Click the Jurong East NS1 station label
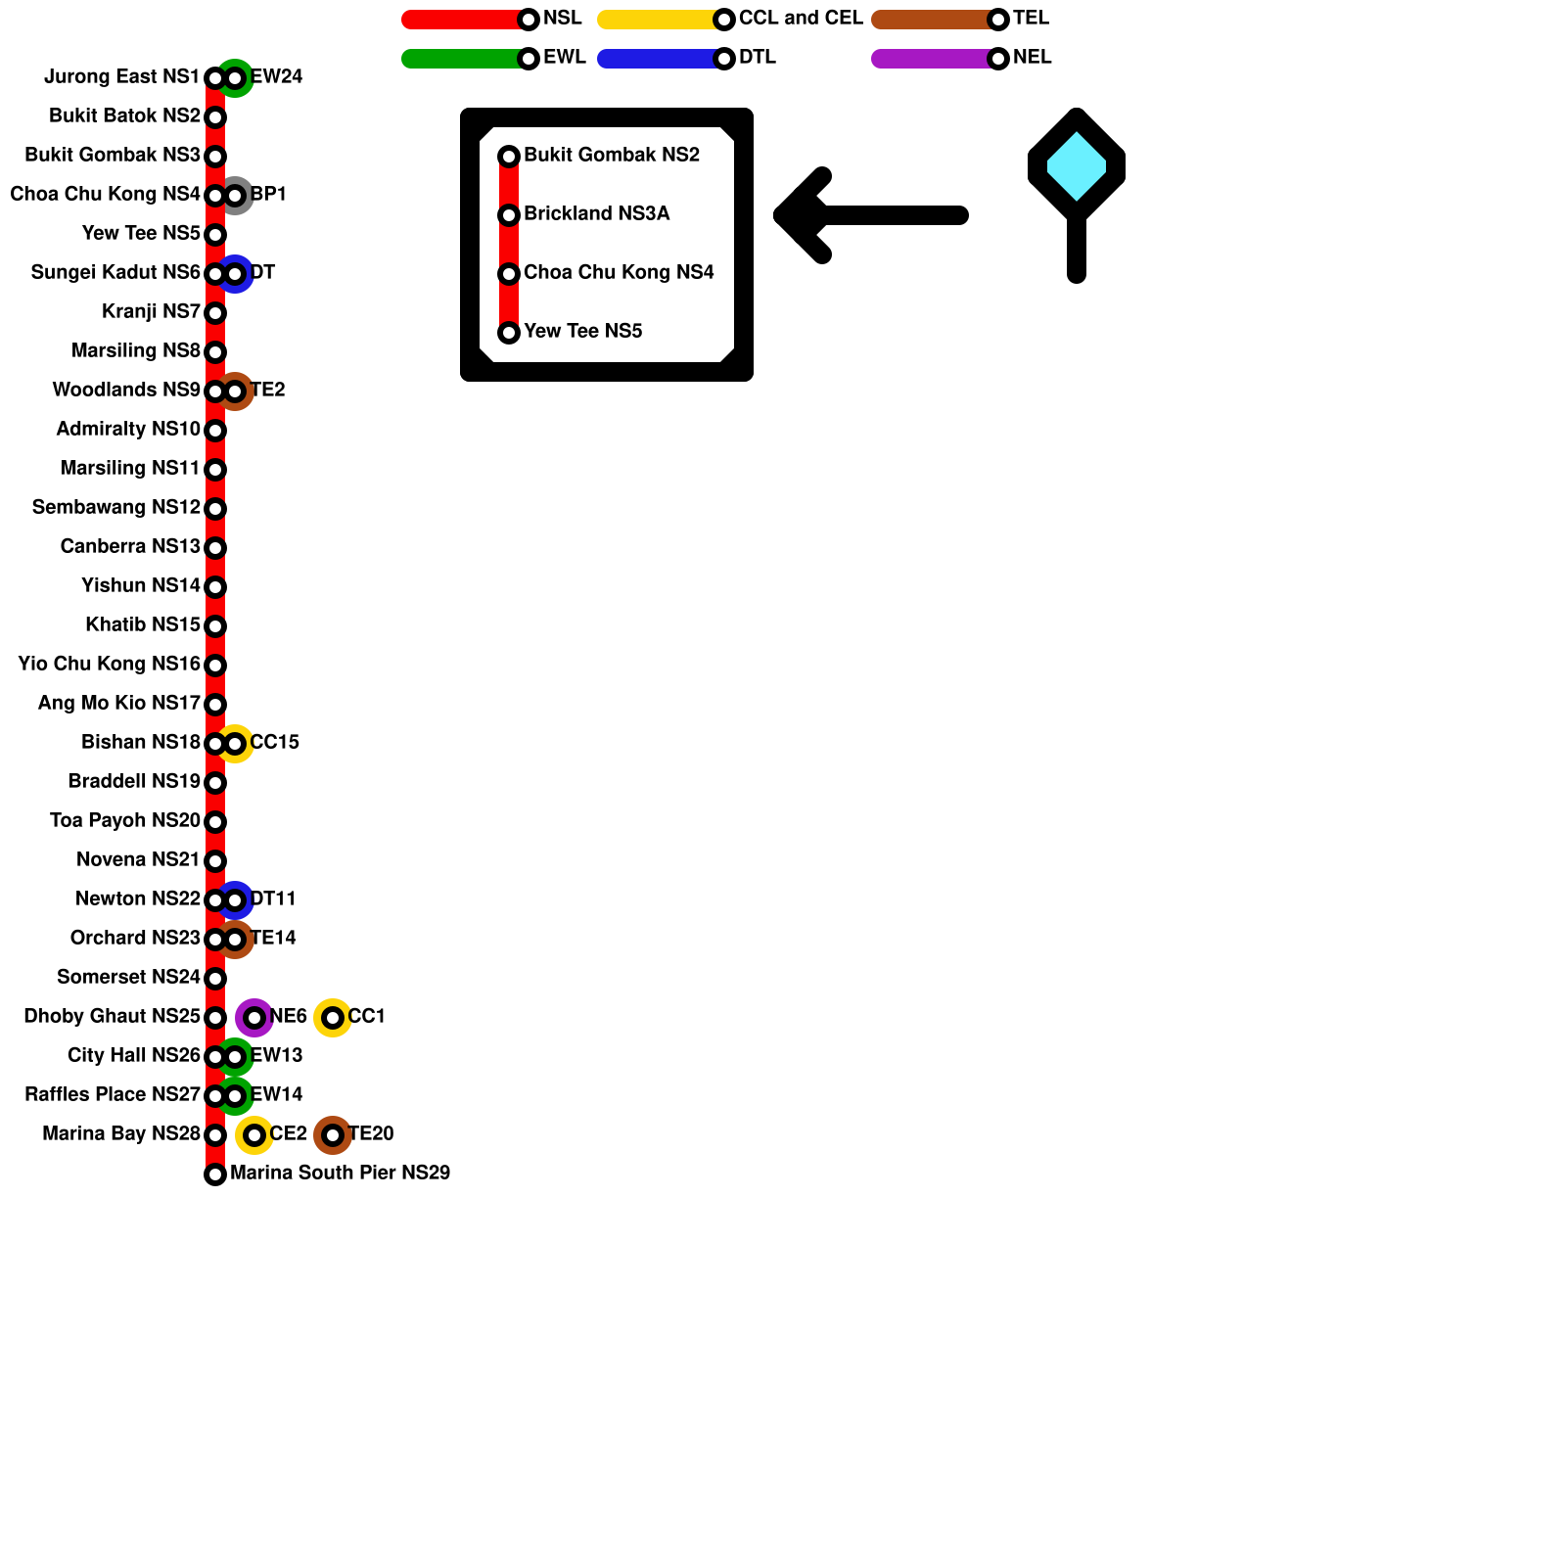pyautogui.click(x=121, y=77)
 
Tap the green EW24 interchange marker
pyautogui.click(x=236, y=78)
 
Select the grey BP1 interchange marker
pyautogui.click(x=236, y=196)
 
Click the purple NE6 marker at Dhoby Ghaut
pyautogui.click(x=254, y=1018)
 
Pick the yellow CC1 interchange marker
pyautogui.click(x=333, y=1018)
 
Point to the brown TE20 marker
pyautogui.click(x=333, y=1135)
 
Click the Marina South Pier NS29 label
pyautogui.click(x=340, y=1173)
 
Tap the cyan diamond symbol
pyautogui.click(x=1077, y=166)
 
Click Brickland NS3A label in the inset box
pyautogui.click(x=596, y=214)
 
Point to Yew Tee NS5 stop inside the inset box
pyautogui.click(x=509, y=333)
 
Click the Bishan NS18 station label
pyautogui.click(x=141, y=743)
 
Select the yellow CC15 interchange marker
pyautogui.click(x=236, y=744)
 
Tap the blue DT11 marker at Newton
pyautogui.click(x=236, y=900)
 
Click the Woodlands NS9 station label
pyautogui.click(x=126, y=391)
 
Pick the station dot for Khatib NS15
pyautogui.click(x=215, y=626)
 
